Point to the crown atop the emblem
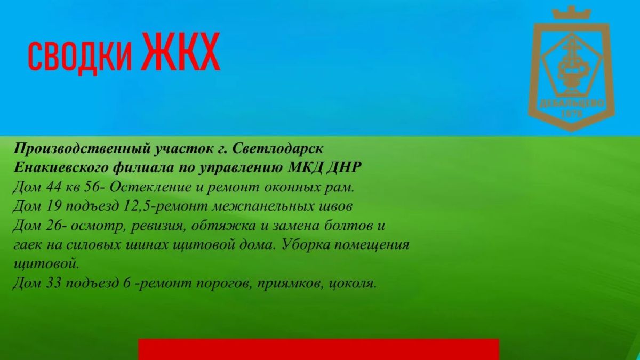point(571,13)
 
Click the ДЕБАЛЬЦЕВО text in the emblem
point(572,103)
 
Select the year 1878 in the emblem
point(572,114)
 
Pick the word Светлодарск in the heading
point(278,149)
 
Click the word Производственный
point(82,149)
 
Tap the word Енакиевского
point(61,167)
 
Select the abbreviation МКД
point(305,167)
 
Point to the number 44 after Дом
point(53,187)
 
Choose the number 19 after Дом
point(53,206)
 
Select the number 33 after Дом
point(53,283)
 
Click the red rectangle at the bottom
point(318,349)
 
